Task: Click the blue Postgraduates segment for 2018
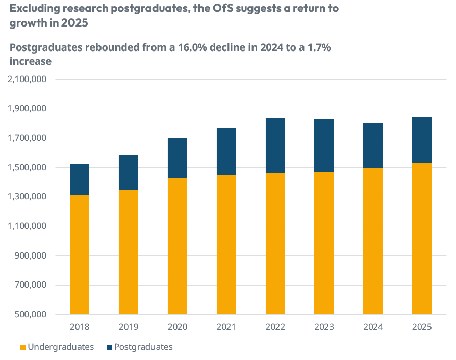tap(80, 179)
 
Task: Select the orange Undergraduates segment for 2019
tap(129, 252)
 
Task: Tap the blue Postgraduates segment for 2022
tap(275, 146)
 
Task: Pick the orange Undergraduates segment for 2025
tap(422, 238)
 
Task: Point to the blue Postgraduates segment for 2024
tap(373, 146)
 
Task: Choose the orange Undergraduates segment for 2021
tap(226, 245)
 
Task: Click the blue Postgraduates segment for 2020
tap(178, 158)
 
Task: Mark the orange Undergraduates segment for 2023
tap(324, 243)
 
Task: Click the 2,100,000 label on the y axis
tap(27, 80)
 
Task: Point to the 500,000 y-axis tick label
tap(32, 315)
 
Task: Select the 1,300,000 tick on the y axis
tap(27, 197)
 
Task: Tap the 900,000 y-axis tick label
tap(32, 256)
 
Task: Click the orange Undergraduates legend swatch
tap(22, 347)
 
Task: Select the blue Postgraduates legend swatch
tap(109, 347)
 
